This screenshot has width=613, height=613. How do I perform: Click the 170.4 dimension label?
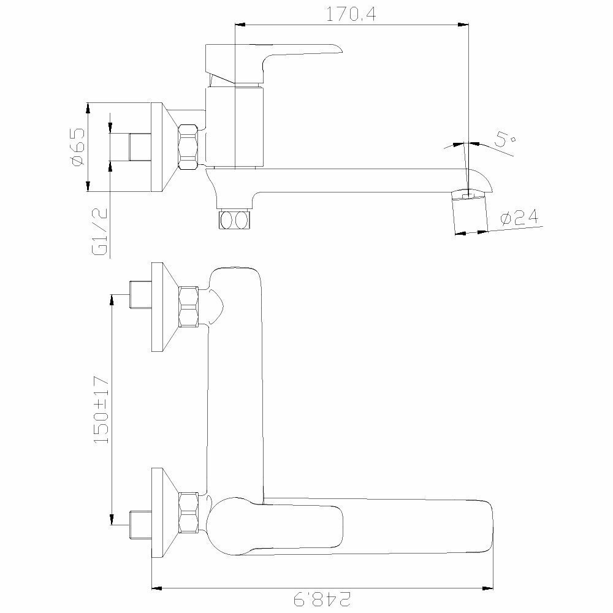(351, 14)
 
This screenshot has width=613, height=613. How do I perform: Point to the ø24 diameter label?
(519, 217)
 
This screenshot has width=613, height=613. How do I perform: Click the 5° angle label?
(506, 140)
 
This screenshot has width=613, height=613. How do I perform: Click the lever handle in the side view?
(276, 58)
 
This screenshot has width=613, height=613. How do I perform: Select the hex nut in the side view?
(188, 147)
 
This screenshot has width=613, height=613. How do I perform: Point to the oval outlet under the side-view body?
(234, 219)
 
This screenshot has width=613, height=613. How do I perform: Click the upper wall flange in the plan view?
(162, 306)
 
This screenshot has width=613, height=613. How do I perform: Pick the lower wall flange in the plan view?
(162, 512)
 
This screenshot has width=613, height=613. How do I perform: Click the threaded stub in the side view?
(139, 147)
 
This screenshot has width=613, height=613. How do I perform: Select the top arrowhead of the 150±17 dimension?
(112, 299)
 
